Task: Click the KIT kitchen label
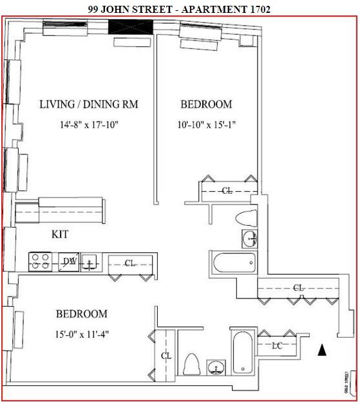pos(60,234)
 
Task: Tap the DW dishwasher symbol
pos(69,262)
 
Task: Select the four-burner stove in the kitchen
pos(40,262)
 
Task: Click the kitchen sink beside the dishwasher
pos(90,262)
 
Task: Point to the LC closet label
pos(278,345)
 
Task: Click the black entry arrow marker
pos(322,350)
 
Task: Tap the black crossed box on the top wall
pos(131,27)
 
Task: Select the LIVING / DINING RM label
pos(89,104)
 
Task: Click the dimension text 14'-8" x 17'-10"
pos(89,125)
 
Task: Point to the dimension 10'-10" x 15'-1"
pos(207,125)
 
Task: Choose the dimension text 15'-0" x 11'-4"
pos(82,335)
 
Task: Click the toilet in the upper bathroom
pos(247,218)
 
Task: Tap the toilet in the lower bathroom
pos(192,364)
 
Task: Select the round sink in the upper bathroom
pos(250,239)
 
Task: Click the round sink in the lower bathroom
pos(216,367)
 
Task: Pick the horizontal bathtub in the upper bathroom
pos(234,262)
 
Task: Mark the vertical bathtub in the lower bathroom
pos(243,353)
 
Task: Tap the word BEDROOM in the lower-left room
pos(82,314)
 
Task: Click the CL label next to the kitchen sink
pos(130,263)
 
